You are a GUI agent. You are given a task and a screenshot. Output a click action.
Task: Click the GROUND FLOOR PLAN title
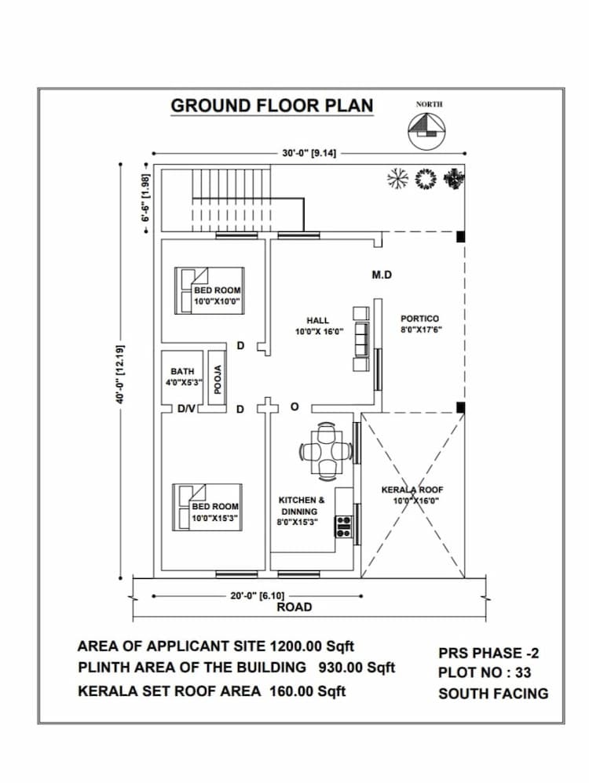tap(272, 106)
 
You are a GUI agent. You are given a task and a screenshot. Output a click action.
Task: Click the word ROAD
tap(294, 607)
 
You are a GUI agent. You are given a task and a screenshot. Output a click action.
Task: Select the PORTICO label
tap(420, 324)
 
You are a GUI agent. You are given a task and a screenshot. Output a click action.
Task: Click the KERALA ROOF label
tap(412, 494)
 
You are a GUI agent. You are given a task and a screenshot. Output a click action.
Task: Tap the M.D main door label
tap(382, 275)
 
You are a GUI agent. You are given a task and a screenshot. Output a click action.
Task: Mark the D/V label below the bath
tap(186, 408)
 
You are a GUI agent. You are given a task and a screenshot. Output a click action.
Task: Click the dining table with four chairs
tap(324, 451)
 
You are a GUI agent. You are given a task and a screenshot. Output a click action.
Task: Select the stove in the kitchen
tap(343, 526)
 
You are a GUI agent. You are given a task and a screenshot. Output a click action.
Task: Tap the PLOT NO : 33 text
tap(485, 672)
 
